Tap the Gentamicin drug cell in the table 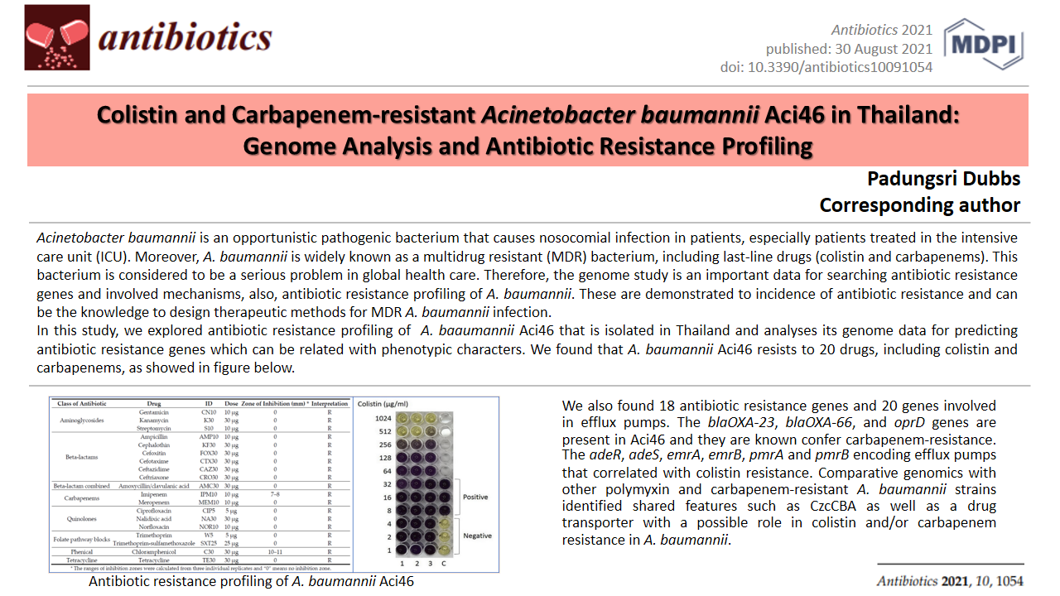click(154, 411)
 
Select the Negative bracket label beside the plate click(477, 536)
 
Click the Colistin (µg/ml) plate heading click(382, 403)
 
